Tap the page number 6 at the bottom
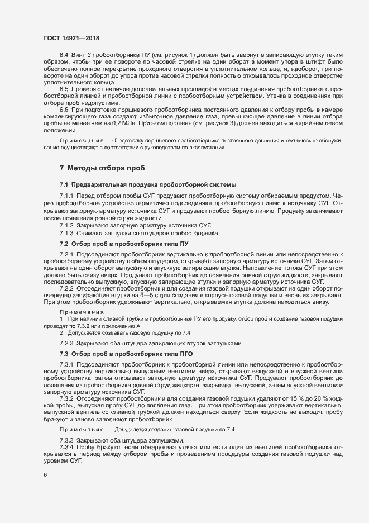(45, 476)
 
